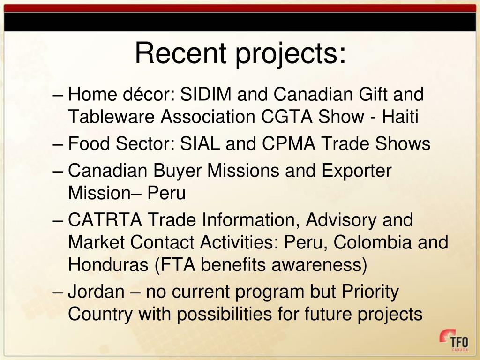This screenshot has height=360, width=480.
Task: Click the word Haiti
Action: click(x=399, y=117)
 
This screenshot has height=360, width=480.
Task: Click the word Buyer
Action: click(x=178, y=171)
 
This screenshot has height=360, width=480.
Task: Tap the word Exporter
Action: click(x=356, y=171)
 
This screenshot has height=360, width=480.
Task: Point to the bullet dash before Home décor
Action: click(x=59, y=96)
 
